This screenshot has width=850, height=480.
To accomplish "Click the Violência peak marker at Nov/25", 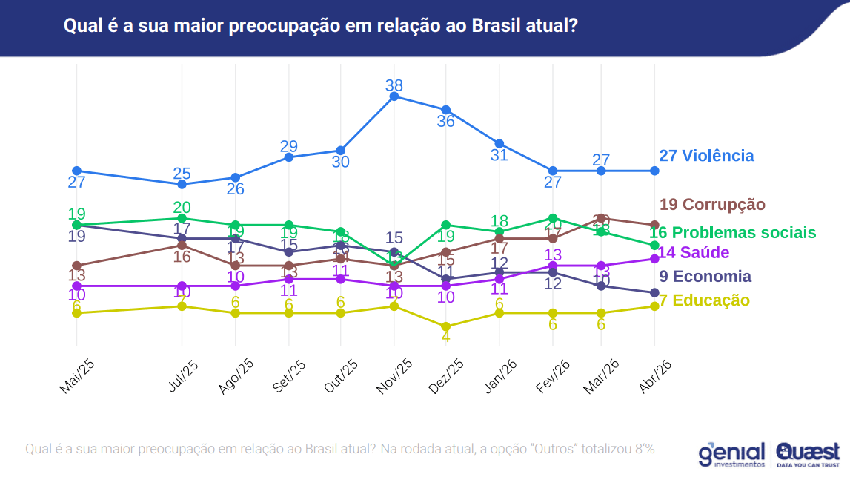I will click(x=394, y=96).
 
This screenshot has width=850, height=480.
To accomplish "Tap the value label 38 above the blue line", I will click(x=394, y=85).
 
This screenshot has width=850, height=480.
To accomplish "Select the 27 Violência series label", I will click(x=706, y=156).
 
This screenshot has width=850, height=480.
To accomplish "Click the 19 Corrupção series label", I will click(x=712, y=204).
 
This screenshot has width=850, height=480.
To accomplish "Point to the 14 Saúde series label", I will click(x=694, y=252).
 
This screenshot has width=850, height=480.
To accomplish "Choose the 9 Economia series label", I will click(x=705, y=277).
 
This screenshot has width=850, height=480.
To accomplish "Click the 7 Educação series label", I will click(x=703, y=300).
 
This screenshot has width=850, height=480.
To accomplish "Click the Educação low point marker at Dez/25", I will click(x=446, y=326).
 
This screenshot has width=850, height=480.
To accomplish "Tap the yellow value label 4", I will click(x=446, y=337).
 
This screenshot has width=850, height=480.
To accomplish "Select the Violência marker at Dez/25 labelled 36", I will click(x=446, y=110).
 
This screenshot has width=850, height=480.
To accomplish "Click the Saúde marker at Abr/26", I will click(x=654, y=258).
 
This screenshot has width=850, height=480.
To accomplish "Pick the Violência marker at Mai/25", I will click(x=76, y=171).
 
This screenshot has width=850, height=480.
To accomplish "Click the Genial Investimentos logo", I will click(x=731, y=454).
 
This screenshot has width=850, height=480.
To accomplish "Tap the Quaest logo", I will click(x=808, y=454).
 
